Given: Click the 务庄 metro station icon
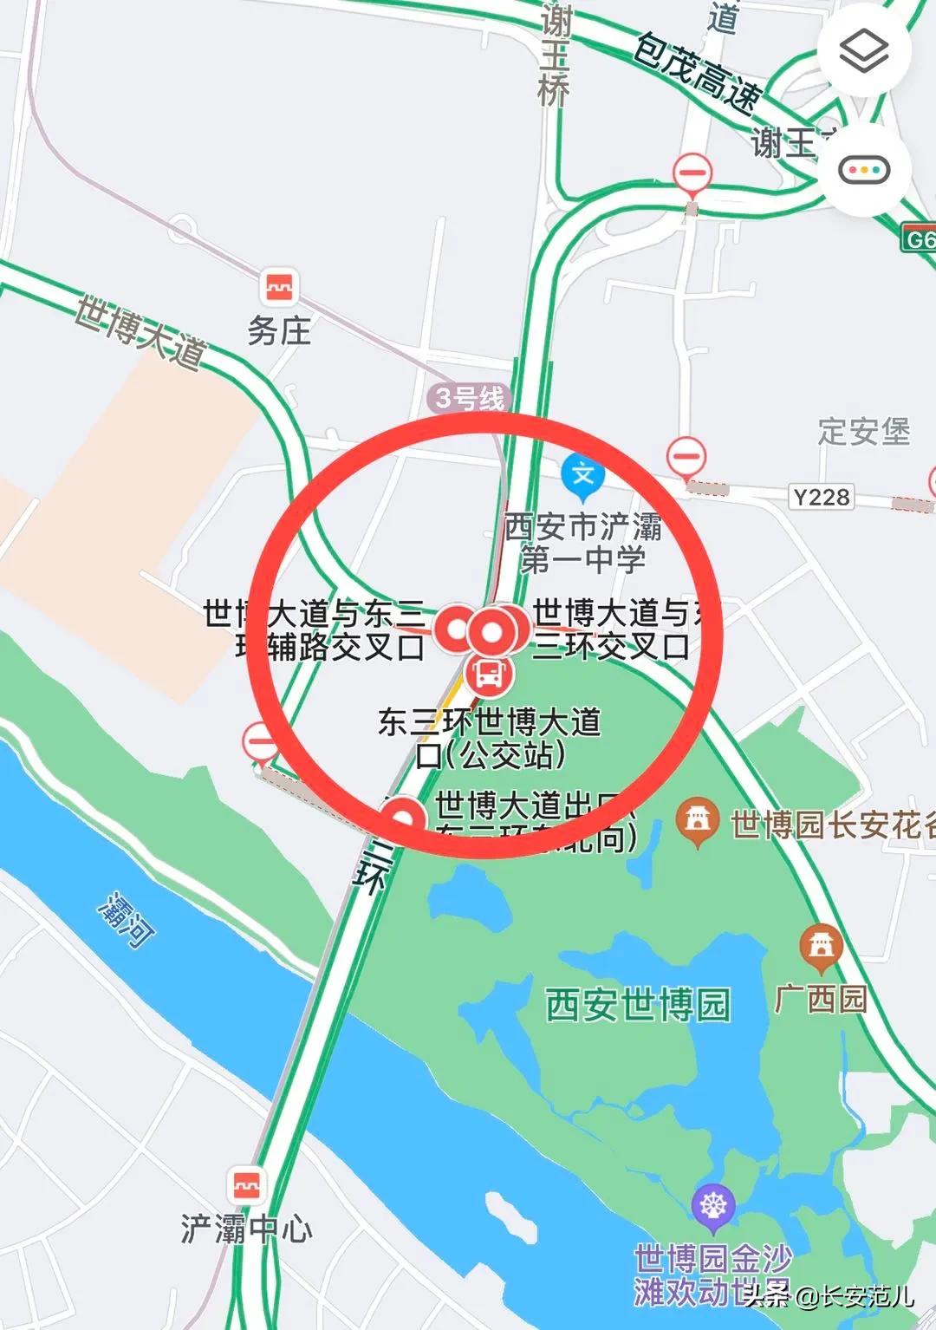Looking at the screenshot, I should click(279, 286).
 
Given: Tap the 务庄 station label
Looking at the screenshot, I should click(279, 330).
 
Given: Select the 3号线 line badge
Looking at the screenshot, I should click(469, 399).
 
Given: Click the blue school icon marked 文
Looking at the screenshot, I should click(583, 475).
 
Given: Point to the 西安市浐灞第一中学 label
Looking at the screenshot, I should click(583, 543).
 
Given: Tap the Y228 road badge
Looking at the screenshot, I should click(821, 497).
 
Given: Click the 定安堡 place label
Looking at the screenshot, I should click(864, 431).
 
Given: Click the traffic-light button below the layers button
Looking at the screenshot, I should click(864, 170).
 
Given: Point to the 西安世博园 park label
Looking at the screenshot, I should click(638, 1004).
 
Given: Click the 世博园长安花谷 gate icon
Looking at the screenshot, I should click(699, 820).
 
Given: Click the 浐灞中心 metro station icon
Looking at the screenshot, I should click(248, 1183).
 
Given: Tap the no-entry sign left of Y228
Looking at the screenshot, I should click(686, 455).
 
